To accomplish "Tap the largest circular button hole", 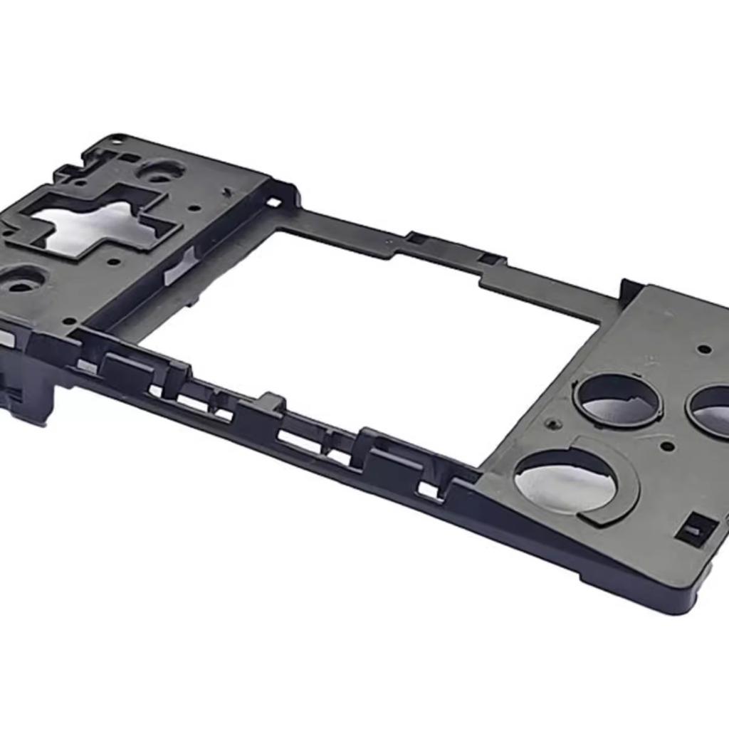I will coord(566,481).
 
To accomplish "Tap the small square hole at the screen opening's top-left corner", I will coord(273,202).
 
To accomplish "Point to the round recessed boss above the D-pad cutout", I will coord(160,171).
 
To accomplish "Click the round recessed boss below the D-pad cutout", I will coord(21,281).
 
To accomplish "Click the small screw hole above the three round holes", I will coord(703,349).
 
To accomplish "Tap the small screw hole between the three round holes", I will coord(667,446).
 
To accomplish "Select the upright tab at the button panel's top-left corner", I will coord(629,290).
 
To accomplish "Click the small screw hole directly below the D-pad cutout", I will coord(114,261).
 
